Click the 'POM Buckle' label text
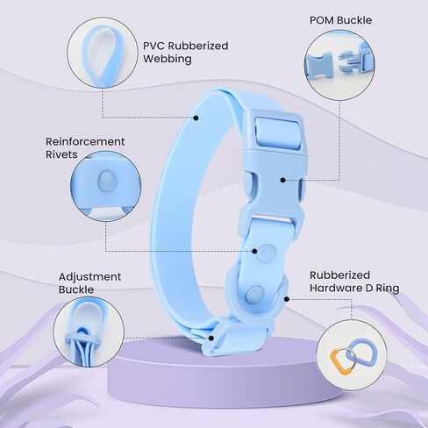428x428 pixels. (x=340, y=20)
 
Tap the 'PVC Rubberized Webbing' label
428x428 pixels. (x=185, y=52)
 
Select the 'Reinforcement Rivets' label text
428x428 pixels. (x=85, y=148)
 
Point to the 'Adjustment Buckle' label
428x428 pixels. (x=89, y=283)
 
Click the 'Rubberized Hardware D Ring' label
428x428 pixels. (x=354, y=282)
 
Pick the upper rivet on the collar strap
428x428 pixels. (x=267, y=253)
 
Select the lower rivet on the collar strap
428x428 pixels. (x=254, y=294)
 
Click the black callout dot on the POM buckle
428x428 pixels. (x=282, y=180)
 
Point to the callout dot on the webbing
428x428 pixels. (x=196, y=118)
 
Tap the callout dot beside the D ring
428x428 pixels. (x=287, y=299)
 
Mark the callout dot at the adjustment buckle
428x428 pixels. (x=211, y=338)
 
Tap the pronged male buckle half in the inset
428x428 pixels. (x=357, y=61)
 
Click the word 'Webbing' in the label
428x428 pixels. (x=168, y=59)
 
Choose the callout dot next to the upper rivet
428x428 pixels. (x=254, y=251)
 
